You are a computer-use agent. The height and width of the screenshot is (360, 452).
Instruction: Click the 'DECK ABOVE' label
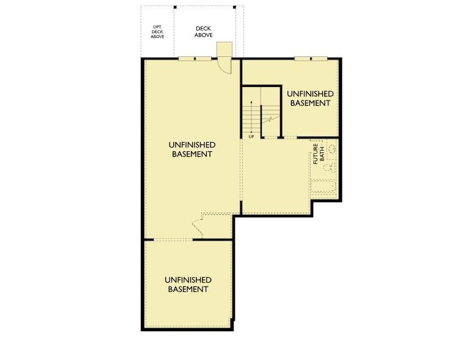pyautogui.click(x=203, y=32)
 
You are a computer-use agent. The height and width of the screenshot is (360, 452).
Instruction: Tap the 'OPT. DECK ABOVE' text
pyautogui.click(x=158, y=32)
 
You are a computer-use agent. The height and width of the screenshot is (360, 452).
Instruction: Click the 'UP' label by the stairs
pyautogui.click(x=251, y=137)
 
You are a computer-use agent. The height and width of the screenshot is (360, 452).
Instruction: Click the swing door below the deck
pyautogui.click(x=226, y=66)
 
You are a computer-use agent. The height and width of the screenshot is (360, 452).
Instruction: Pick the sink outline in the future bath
pyautogui.click(x=332, y=149)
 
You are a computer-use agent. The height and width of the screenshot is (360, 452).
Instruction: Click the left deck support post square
pyautogui.click(x=175, y=7)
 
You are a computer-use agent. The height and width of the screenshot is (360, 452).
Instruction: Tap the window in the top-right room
pyautogui.click(x=311, y=59)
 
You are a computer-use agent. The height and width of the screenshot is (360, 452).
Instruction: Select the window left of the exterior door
pyautogui.click(x=195, y=59)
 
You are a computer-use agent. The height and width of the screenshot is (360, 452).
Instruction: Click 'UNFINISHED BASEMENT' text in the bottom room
pyautogui.click(x=188, y=284)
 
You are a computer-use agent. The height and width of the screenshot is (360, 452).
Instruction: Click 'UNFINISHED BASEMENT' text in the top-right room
pyautogui.click(x=310, y=98)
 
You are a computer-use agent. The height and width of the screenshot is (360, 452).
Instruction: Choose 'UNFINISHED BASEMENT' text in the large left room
pyautogui.click(x=191, y=149)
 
